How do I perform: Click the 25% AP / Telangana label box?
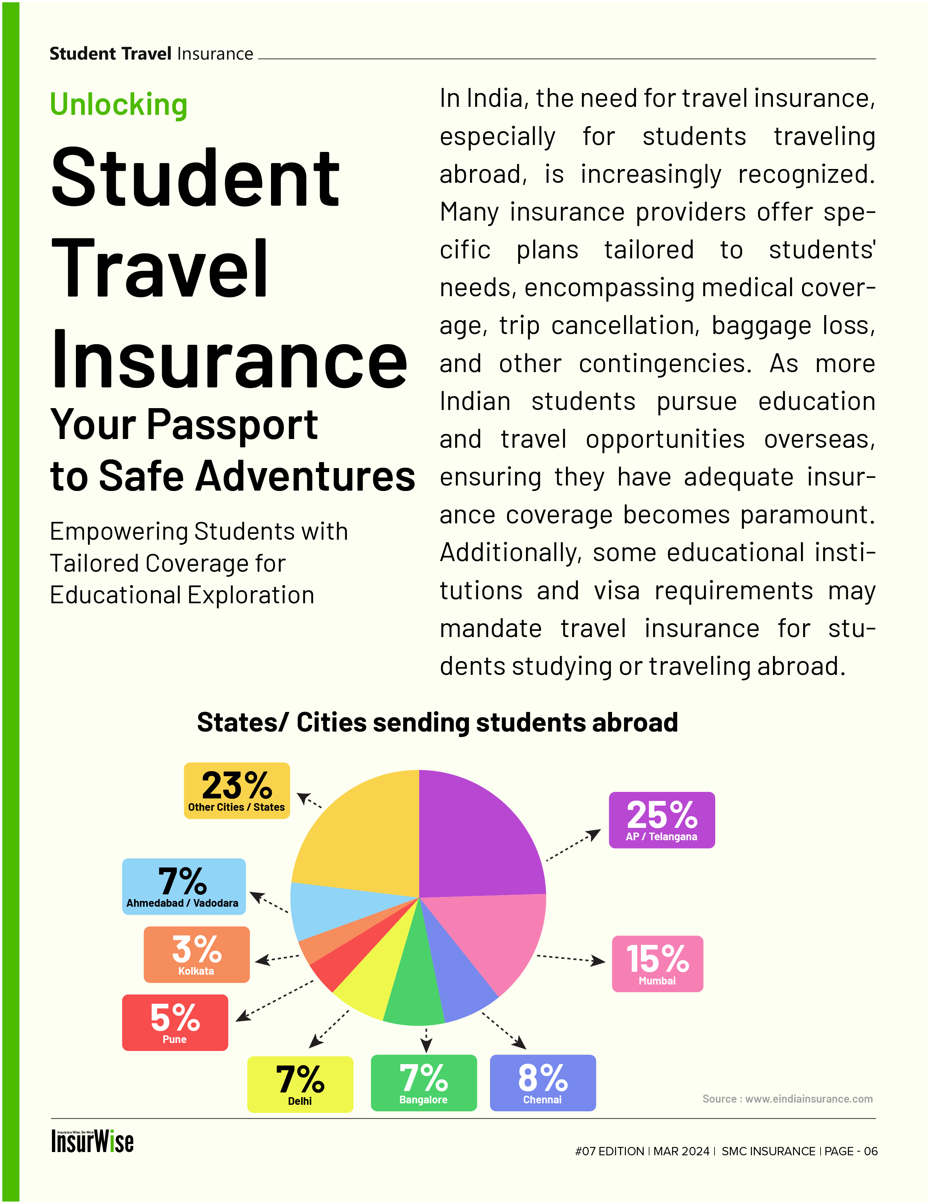pos(661,820)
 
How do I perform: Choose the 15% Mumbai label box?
pos(657,964)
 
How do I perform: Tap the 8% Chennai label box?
pos(543,1083)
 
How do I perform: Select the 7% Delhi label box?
pos(300,1084)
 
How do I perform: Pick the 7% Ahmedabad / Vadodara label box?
pos(183,886)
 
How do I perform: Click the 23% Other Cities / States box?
pos(236,790)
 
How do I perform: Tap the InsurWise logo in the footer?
pos(93,1141)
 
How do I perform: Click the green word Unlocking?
pos(118,104)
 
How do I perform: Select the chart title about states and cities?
pos(437,722)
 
